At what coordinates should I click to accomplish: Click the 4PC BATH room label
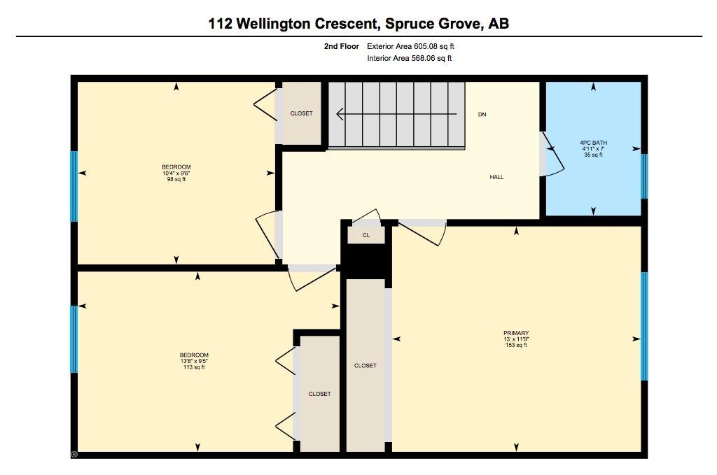593,143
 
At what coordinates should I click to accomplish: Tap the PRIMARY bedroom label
516,333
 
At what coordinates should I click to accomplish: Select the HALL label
496,177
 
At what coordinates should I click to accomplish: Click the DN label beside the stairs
482,114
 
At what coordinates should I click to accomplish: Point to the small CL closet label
366,235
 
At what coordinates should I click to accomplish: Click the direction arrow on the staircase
396,114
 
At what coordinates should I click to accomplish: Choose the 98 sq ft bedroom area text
176,180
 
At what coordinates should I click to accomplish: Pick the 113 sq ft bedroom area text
194,367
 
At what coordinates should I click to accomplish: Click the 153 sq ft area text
516,346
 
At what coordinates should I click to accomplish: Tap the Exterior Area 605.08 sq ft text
410,46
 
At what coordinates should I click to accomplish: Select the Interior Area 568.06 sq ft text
409,58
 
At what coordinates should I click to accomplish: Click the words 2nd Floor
342,46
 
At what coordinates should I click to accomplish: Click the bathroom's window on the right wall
644,176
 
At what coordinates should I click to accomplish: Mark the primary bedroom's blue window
644,326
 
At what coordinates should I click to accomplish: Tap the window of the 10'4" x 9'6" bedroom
74,186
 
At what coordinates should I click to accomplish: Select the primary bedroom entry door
422,233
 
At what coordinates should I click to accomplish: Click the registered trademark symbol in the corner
74,455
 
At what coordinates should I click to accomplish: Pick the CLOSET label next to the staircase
301,113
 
